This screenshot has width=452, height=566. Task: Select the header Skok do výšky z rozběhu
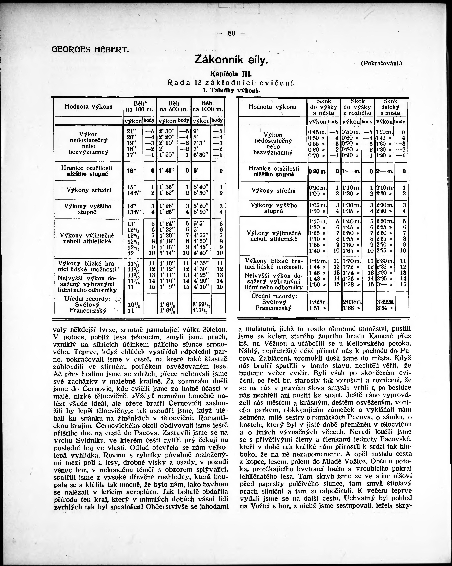point(357,107)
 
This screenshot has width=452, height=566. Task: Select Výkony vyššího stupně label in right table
point(273,208)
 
